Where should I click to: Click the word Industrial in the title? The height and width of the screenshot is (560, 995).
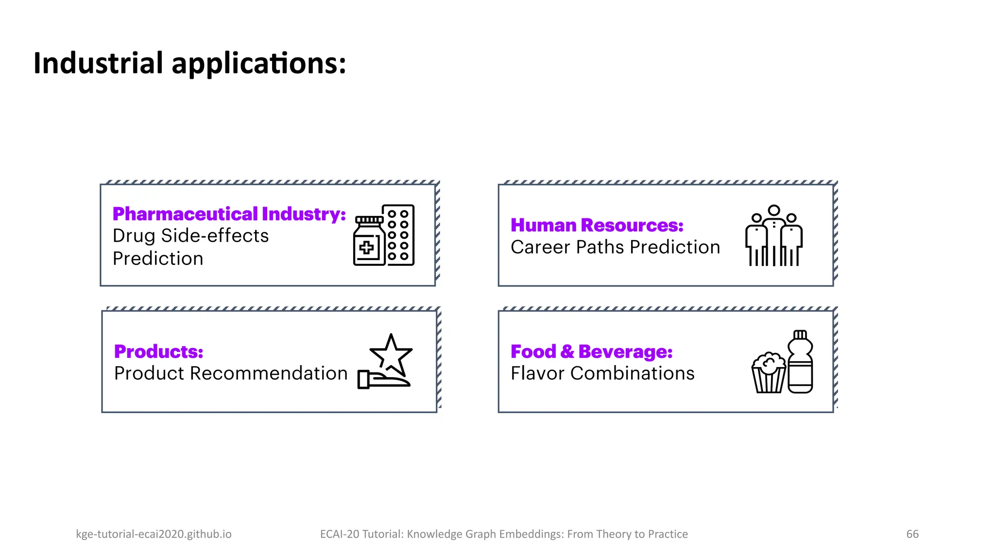click(98, 63)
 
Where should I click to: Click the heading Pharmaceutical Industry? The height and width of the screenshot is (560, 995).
click(229, 214)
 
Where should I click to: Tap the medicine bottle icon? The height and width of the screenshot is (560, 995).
click(369, 242)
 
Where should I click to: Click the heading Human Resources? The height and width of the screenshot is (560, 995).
click(597, 225)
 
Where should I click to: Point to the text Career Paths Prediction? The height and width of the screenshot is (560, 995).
click(615, 247)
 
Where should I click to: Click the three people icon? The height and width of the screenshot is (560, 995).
click(773, 236)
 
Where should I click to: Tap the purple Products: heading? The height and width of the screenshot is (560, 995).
click(158, 351)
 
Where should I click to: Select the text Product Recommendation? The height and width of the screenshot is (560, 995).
click(231, 373)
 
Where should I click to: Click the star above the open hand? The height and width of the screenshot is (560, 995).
click(391, 354)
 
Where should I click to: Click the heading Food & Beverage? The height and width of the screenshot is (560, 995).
click(591, 351)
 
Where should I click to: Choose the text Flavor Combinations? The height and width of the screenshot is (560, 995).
click(602, 373)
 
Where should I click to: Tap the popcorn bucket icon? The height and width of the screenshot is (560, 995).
click(768, 373)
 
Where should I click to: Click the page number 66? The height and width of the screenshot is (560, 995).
click(912, 534)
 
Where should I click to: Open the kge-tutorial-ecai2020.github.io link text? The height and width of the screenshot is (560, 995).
click(154, 534)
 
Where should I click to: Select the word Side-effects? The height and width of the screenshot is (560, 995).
click(215, 236)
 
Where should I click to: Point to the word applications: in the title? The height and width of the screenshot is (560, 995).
click(258, 63)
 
